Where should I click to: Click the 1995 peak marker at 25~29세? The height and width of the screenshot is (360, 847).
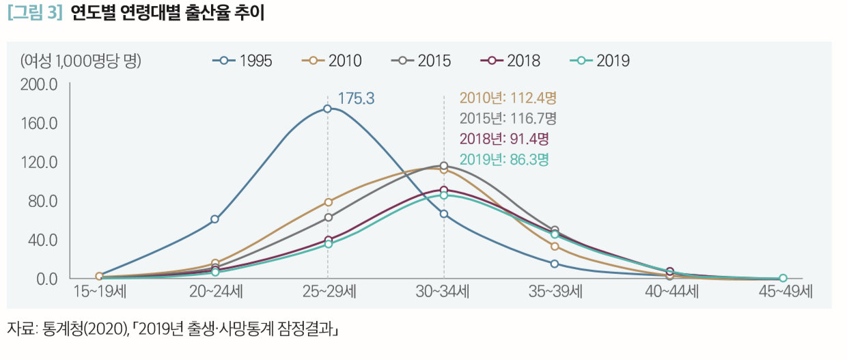click(327, 109)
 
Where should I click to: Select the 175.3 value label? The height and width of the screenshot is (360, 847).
click(356, 99)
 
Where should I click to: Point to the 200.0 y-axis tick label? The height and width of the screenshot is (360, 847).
click(39, 85)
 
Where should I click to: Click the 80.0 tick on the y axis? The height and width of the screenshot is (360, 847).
click(42, 202)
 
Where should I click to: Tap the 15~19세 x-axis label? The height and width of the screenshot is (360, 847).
click(99, 292)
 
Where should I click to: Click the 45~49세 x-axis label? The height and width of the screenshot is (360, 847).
click(786, 292)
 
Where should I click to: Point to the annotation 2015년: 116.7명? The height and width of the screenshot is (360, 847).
click(508, 118)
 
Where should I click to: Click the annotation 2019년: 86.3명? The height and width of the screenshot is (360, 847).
click(505, 160)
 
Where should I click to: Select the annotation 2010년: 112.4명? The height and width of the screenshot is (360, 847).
click(508, 98)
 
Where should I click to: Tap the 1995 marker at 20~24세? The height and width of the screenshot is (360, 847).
click(214, 219)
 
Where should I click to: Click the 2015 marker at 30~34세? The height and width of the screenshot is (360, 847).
click(444, 166)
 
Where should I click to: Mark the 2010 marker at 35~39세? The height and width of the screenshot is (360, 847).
click(555, 247)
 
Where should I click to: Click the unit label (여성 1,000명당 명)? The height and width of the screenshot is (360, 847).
click(81, 61)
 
